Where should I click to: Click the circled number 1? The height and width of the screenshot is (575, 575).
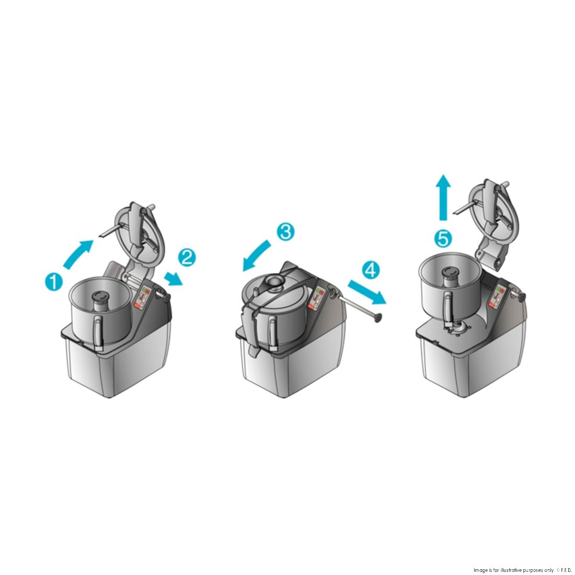[53, 282]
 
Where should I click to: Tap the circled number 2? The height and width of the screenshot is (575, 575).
[187, 257]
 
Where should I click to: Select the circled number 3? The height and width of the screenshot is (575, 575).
[285, 232]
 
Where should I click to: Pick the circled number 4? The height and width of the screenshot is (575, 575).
[371, 270]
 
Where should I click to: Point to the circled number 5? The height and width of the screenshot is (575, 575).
[443, 239]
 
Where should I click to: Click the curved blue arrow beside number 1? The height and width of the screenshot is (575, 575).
[77, 254]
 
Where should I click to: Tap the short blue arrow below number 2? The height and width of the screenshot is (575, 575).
[173, 279]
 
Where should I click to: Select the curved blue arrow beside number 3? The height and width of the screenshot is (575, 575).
[256, 255]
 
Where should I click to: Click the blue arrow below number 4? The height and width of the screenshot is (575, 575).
[367, 292]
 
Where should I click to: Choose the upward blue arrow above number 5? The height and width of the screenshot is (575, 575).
[443, 197]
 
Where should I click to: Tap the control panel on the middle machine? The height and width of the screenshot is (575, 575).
[316, 297]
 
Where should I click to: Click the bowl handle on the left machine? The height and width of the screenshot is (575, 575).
[98, 332]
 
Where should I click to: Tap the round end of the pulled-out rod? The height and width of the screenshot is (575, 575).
[376, 318]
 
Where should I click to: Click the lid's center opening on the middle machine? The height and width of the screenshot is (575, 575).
[272, 281]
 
